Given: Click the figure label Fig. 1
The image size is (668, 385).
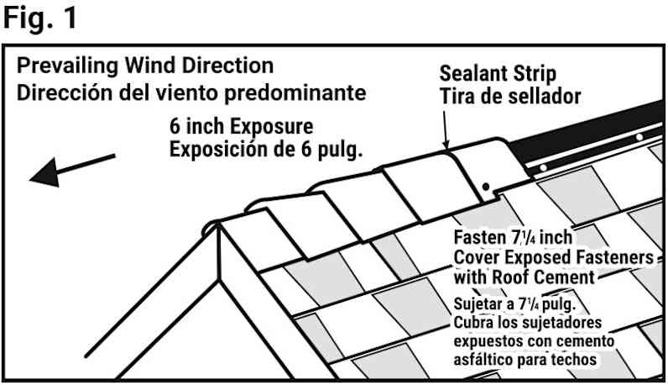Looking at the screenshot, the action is tap(40, 18).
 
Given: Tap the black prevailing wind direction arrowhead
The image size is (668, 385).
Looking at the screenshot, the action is tap(44, 173).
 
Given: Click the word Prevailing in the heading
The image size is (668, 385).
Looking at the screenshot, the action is tap(67, 66).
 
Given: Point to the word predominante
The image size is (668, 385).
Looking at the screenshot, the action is tap(295, 93).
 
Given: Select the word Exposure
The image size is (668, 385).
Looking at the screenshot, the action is tap(271, 127).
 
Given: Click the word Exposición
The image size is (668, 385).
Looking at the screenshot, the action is tap(213, 149).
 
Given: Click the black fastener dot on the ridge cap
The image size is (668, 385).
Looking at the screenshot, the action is tap(486, 187).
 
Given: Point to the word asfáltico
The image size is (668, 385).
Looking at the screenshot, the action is tap(483, 360).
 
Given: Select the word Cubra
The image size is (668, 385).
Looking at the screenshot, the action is tap(472, 322).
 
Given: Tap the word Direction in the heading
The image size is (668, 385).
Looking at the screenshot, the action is tap(227, 66).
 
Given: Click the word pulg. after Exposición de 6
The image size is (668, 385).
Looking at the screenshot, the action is tap(341, 150).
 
